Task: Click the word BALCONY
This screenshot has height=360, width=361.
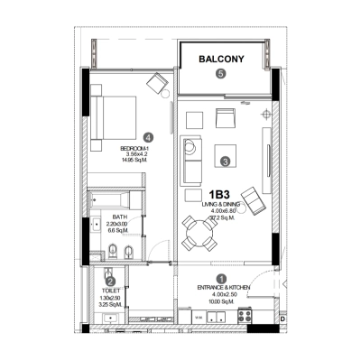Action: [221, 60]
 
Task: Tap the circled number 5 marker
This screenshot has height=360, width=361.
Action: [221, 76]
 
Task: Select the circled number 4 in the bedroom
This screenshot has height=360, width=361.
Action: [148, 137]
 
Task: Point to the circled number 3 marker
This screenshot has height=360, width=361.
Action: [225, 162]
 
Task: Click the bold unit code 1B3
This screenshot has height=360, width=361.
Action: [218, 195]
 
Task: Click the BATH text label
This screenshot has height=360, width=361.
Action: [119, 217]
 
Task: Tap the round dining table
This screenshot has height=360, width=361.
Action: [200, 236]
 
